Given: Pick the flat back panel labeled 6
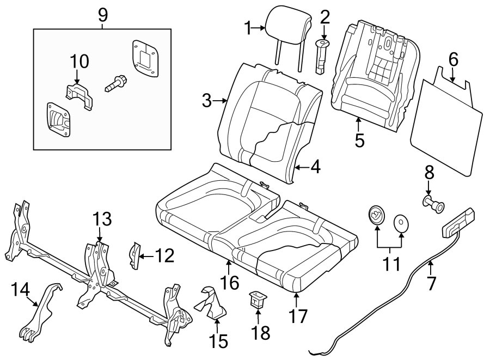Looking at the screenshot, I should tap(449, 127).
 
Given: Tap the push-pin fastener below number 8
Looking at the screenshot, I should tap(433, 206).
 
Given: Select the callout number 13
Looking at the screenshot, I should tap(102, 220).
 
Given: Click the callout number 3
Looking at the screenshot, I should tap(206, 101).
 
